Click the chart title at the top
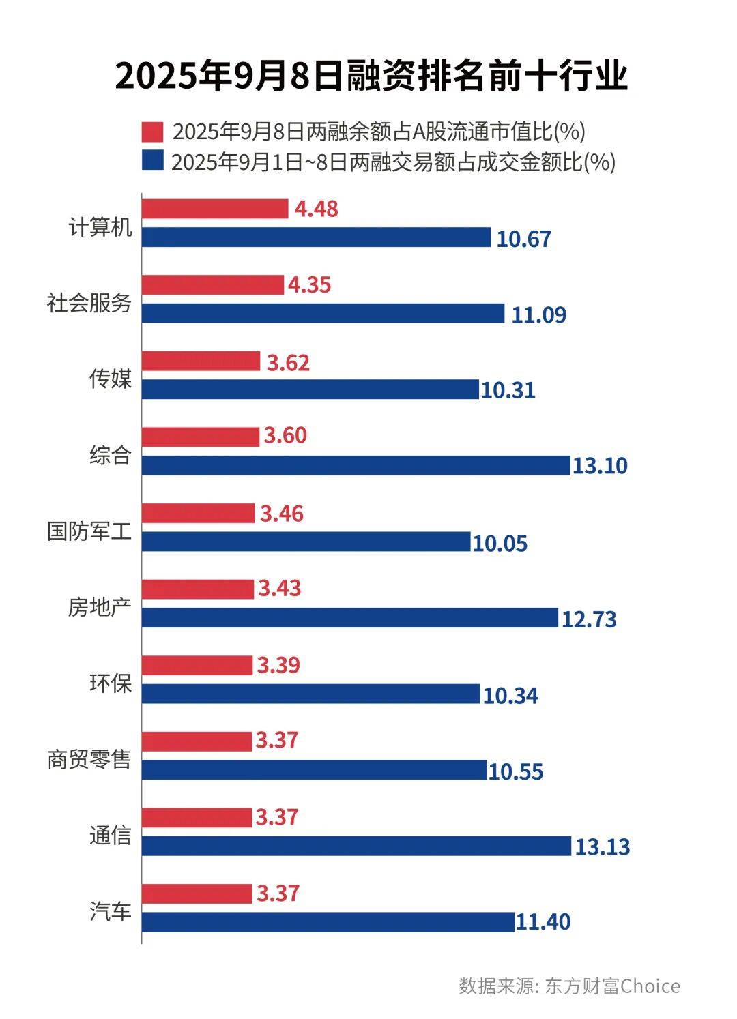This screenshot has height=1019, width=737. (371, 76)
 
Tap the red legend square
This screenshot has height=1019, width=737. (153, 131)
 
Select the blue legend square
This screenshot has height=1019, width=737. (153, 162)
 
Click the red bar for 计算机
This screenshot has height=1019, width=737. (215, 209)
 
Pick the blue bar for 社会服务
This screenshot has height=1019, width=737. (323, 314)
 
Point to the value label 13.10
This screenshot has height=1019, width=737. (600, 466)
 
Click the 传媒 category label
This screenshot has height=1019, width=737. (110, 378)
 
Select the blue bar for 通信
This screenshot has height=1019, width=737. (356, 846)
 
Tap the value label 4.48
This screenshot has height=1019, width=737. (316, 209)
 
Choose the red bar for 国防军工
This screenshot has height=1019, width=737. (198, 514)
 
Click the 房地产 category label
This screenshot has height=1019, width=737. (99, 606)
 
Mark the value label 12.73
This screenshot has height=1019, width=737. (589, 619)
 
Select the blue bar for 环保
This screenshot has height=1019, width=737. (310, 694)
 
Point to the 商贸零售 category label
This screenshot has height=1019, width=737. (89, 758)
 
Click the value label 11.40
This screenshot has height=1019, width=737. (543, 922)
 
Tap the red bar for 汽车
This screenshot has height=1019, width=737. (197, 894)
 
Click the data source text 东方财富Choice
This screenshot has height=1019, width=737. (612, 986)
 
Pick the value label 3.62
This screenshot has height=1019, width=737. (288, 362)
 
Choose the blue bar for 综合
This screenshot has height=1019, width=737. (356, 466)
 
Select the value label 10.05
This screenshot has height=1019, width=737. (500, 543)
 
